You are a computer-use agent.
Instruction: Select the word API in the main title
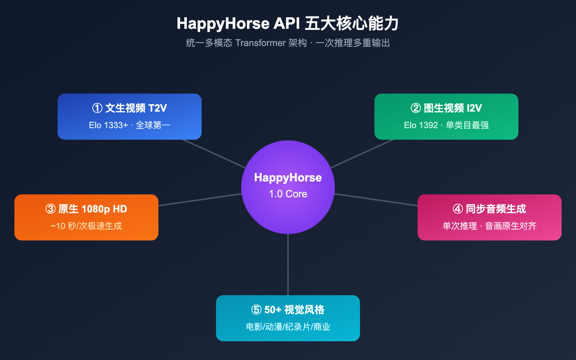pyautogui.click(x=287, y=24)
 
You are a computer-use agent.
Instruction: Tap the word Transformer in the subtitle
pyautogui.click(x=260, y=43)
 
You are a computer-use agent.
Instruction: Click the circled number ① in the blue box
pyautogui.click(x=97, y=108)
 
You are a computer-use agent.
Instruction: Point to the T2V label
pyautogui.click(x=157, y=108)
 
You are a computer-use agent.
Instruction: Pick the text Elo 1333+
pyautogui.click(x=108, y=125)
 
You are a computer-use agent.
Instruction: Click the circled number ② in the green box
pyautogui.click(x=416, y=108)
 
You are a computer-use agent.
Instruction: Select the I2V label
pyautogui.click(x=474, y=108)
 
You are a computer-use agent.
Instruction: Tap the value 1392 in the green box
pyautogui.click(x=428, y=125)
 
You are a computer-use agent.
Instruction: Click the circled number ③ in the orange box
pyautogui.click(x=50, y=209)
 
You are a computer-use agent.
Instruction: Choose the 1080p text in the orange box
pyautogui.click(x=96, y=209)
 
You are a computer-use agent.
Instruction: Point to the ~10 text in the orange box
pyautogui.click(x=58, y=226)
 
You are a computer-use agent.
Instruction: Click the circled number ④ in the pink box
pyautogui.click(x=458, y=209)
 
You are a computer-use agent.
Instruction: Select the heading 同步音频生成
pyautogui.click(x=496, y=209)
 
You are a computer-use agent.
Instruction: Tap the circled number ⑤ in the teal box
pyautogui.click(x=256, y=310)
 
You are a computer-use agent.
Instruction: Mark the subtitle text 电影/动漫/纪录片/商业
pyautogui.click(x=288, y=327)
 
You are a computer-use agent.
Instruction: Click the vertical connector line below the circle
pyautogui.click(x=288, y=265)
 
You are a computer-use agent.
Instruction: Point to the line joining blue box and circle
pyautogui.click(x=214, y=154)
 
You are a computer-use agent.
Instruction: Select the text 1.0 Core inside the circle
pyautogui.click(x=288, y=194)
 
